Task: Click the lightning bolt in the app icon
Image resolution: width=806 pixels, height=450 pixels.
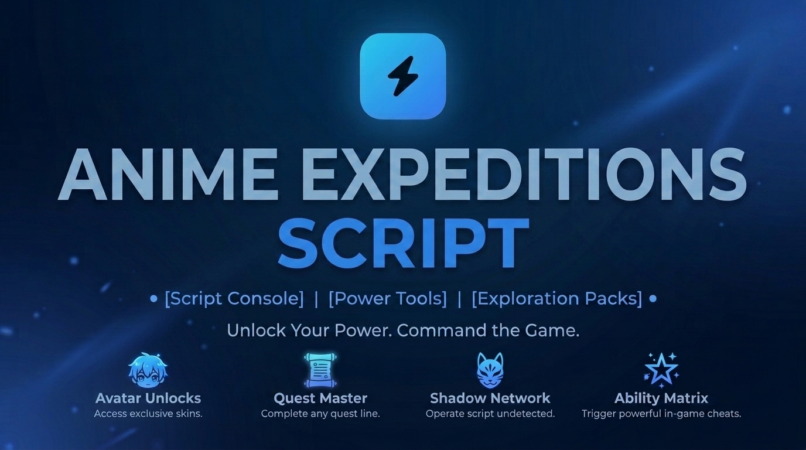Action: [x=402, y=76]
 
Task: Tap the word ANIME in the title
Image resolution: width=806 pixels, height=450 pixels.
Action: [x=168, y=175]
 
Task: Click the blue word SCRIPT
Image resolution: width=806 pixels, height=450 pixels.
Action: [x=404, y=243]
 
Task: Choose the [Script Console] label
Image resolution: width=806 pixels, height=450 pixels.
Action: [x=234, y=298]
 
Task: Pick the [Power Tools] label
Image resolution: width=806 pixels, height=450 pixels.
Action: [x=388, y=298]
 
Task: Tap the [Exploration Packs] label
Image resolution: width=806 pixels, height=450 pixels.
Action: [x=556, y=298]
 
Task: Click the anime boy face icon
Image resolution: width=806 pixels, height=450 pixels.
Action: [x=148, y=370]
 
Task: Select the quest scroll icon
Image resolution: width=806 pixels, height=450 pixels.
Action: [x=320, y=370]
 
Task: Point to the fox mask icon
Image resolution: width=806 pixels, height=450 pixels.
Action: [x=490, y=371]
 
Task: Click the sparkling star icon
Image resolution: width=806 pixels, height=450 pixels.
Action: [x=661, y=370]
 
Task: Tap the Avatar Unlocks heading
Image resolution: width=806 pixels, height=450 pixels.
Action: [x=148, y=398]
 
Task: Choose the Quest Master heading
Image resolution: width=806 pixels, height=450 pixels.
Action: [x=320, y=398]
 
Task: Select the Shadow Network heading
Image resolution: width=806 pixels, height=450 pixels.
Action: [x=490, y=398]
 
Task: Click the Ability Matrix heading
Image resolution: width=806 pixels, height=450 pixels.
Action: [x=661, y=398]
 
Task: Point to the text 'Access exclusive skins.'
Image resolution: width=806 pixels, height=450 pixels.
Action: [x=148, y=414]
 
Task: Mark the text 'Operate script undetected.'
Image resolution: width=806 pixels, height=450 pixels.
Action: [x=490, y=414]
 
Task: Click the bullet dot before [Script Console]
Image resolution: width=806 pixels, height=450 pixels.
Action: [x=153, y=299]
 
